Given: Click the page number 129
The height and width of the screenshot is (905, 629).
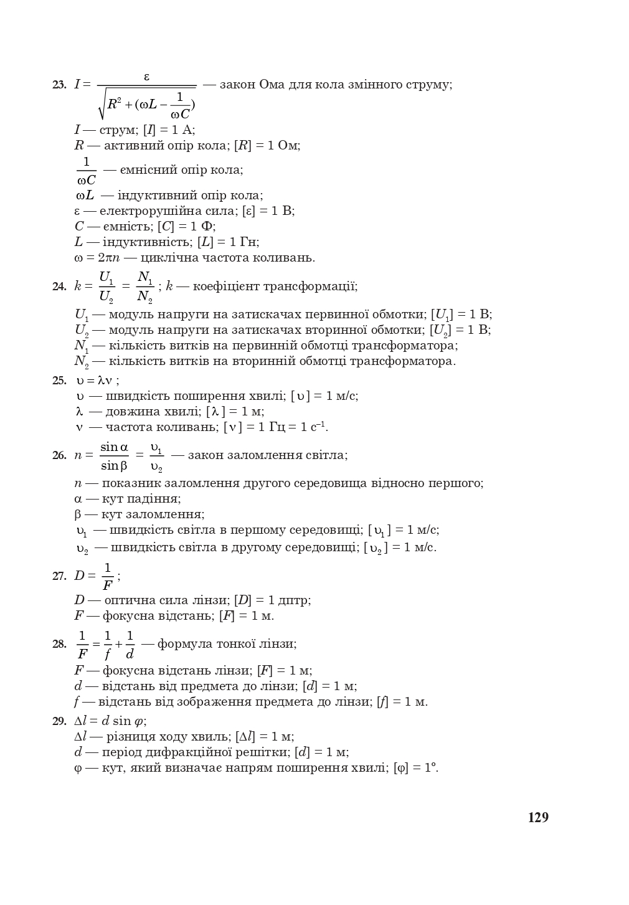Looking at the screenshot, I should (x=538, y=817).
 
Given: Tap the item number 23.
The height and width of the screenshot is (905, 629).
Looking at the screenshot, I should (x=59, y=85).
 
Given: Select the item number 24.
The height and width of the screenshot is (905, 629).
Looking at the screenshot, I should (x=59, y=287).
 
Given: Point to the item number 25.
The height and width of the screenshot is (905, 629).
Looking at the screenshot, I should (x=59, y=381).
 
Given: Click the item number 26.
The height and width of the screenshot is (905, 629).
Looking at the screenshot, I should (x=59, y=455).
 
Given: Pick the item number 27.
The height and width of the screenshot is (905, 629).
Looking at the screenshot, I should (x=59, y=576).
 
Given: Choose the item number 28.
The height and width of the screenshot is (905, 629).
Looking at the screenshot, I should (x=59, y=644).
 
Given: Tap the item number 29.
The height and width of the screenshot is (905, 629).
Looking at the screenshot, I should (x=59, y=721).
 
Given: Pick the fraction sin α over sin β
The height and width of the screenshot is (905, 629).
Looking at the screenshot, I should (x=114, y=456).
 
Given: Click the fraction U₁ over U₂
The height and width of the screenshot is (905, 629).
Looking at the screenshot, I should (x=106, y=287).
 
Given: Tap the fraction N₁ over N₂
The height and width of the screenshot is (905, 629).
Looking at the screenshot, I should (x=144, y=287).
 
